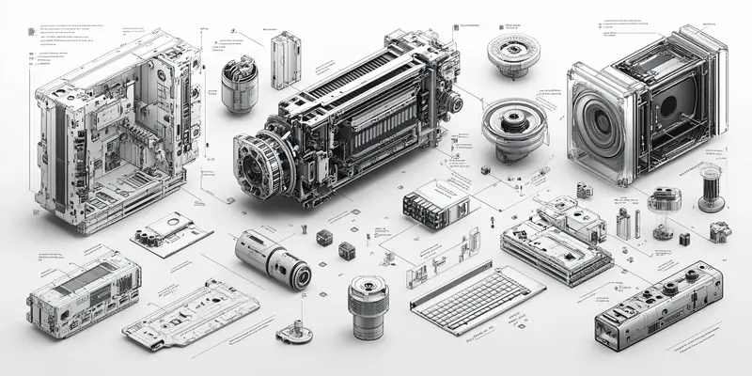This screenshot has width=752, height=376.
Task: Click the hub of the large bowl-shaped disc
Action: click(x=512, y=123)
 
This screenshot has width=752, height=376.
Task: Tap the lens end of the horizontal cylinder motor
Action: click(x=300, y=275)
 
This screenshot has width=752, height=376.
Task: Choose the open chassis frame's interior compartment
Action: click(x=103, y=150)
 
